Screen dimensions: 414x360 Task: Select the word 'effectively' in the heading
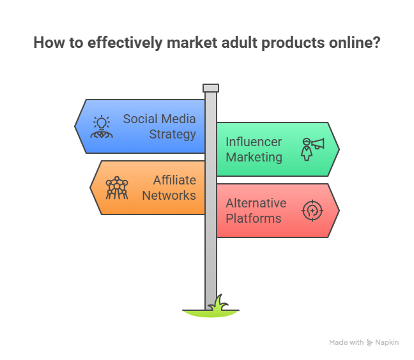[125, 43]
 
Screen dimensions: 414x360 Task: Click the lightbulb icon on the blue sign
[102, 126]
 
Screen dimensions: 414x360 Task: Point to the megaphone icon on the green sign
[312, 149]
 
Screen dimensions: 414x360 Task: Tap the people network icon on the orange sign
[117, 188]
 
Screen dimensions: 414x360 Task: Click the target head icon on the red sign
[312, 211]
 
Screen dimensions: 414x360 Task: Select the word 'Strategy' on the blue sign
[172, 135]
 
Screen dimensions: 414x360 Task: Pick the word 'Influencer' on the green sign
[254, 142]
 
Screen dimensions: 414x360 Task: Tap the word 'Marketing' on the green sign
[254, 158]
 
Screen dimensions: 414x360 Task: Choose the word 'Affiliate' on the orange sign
[174, 181]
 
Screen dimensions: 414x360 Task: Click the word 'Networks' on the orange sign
[169, 196]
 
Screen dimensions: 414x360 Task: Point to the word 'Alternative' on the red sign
[256, 204]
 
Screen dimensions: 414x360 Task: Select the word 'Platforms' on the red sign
[254, 219]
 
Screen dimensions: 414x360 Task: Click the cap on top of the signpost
[211, 88]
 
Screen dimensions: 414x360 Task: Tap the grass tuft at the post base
[218, 303]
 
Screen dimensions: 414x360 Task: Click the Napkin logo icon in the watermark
[369, 343]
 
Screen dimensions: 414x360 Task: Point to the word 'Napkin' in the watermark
[387, 343]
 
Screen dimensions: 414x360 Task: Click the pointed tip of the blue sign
[75, 126]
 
